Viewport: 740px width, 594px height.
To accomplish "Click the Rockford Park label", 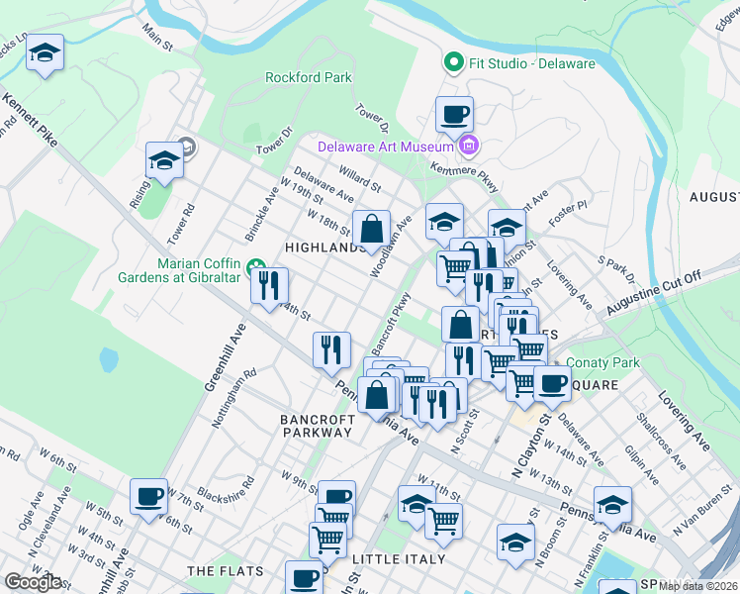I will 309,77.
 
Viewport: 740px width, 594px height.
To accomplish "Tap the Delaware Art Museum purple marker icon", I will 469,147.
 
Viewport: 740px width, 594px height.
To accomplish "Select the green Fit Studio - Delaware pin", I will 454,63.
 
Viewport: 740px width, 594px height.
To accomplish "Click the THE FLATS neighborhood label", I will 223,571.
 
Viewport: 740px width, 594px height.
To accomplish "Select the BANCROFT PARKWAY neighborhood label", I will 316,426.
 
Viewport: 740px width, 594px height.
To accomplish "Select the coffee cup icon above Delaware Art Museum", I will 454,114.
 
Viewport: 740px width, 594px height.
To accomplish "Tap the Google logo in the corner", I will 32,582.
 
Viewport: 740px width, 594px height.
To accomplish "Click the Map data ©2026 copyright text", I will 698,586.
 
